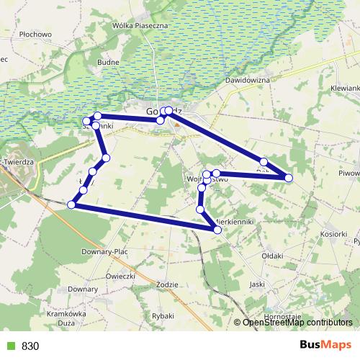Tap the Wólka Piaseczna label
tap(140, 26)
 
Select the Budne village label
tap(108, 63)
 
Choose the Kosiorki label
tap(334, 235)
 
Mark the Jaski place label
tap(256, 284)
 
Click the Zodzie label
tap(166, 284)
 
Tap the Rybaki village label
tap(163, 315)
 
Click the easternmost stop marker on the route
tap(289, 177)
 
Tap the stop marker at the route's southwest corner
tap(71, 205)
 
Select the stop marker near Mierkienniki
tap(217, 230)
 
